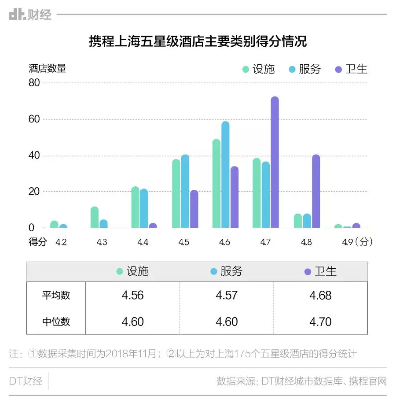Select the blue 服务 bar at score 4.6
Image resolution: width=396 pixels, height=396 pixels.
(225, 175)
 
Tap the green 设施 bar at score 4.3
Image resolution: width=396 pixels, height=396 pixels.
(95, 217)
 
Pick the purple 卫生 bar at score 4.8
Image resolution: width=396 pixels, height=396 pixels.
(315, 191)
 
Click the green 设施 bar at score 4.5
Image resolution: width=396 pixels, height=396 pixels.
(176, 193)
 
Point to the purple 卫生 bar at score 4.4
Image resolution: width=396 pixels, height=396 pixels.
(153, 226)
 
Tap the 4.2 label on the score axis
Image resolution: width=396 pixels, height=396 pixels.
(61, 242)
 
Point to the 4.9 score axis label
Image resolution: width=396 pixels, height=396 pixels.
(348, 242)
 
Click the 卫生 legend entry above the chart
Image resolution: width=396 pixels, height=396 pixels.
(351, 69)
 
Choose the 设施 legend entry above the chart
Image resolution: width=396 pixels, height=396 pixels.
(258, 69)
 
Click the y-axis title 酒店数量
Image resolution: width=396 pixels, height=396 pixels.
(48, 68)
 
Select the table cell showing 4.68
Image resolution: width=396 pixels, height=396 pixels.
(320, 295)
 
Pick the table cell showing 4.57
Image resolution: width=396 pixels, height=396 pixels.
(227, 295)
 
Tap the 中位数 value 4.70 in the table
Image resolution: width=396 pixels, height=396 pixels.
(320, 322)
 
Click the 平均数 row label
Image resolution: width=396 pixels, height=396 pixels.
(56, 295)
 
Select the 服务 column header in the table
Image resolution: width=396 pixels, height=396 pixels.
(227, 271)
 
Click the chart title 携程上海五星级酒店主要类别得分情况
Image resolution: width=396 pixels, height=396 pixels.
(198, 42)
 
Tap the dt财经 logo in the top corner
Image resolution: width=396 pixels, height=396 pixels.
(30, 15)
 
